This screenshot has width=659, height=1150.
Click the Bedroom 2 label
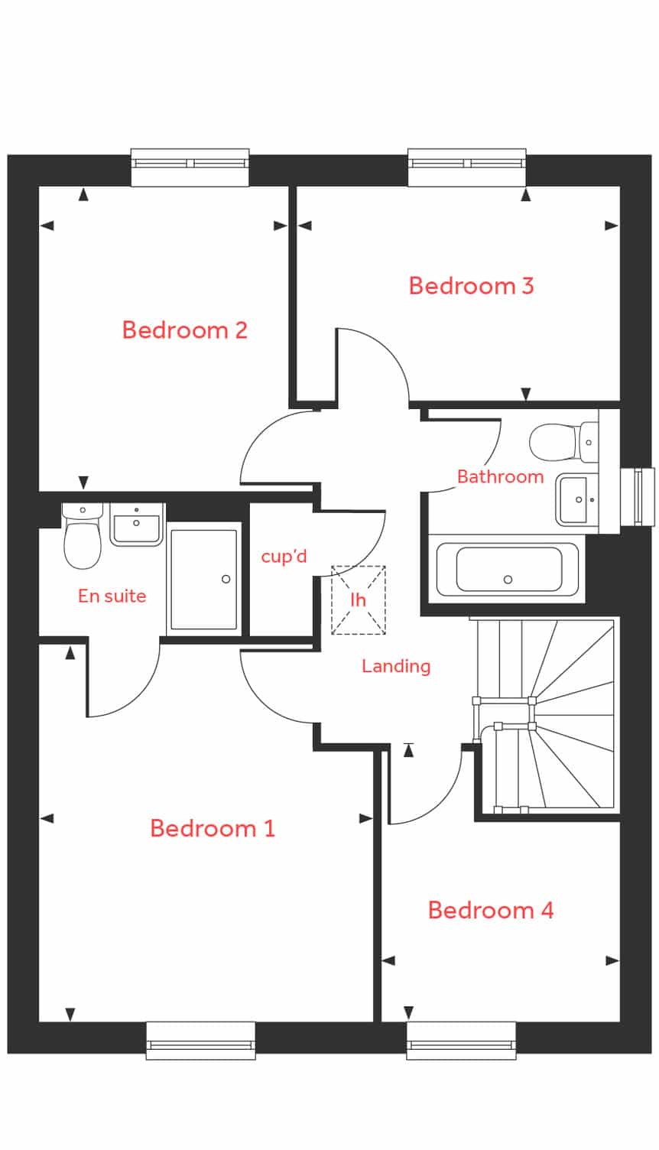tap(185, 330)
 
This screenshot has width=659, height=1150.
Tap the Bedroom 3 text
tap(471, 286)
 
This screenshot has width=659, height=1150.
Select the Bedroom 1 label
tap(213, 828)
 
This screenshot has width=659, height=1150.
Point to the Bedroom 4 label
tap(491, 910)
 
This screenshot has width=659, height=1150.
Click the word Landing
tap(396, 667)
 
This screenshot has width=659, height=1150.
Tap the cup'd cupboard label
tap(284, 556)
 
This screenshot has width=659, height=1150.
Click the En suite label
tap(112, 596)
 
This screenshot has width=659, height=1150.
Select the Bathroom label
tap(501, 477)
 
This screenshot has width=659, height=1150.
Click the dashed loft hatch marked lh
tap(359, 599)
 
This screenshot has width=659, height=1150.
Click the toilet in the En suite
tap(82, 537)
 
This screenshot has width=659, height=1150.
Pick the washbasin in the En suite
tap(137, 524)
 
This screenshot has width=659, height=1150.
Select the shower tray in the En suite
tap(204, 579)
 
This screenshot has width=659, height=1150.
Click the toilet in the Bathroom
tap(563, 442)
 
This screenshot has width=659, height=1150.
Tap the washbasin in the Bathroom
tap(577, 499)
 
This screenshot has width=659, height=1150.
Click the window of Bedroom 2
tap(190, 167)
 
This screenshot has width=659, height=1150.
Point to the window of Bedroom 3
tap(467, 167)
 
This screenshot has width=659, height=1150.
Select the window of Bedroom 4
tap(461, 1041)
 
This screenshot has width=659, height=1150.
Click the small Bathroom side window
tap(638, 497)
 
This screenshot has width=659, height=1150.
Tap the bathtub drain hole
tap(508, 580)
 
